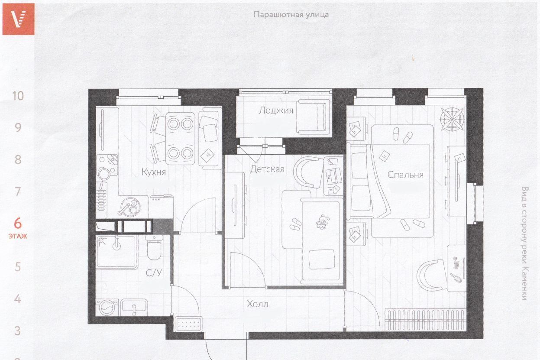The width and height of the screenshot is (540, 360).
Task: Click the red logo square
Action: coord(18,19)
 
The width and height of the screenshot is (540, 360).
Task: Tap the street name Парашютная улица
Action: coord(291,15)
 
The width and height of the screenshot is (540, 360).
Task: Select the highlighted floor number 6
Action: coord(18,223)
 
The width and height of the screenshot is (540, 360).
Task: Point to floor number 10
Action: coord(18,96)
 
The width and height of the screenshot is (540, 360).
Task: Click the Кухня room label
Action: coord(154,172)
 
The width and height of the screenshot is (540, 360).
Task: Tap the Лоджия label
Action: coord(276,110)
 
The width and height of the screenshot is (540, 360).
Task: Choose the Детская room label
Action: coord(267,169)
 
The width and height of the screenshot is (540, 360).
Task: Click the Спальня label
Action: coord(405,175)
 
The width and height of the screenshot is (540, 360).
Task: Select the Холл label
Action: coord(258,304)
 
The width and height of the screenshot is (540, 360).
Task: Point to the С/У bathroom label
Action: coord(154,273)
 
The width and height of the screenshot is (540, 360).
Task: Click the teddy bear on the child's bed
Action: coord(323,222)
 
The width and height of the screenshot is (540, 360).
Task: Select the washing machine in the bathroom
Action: coord(107,308)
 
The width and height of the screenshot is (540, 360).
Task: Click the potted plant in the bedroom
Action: coord(452,119)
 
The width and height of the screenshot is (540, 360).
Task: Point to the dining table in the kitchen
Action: coord(180,139)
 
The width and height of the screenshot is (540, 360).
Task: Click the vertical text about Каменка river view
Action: coord(524,243)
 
